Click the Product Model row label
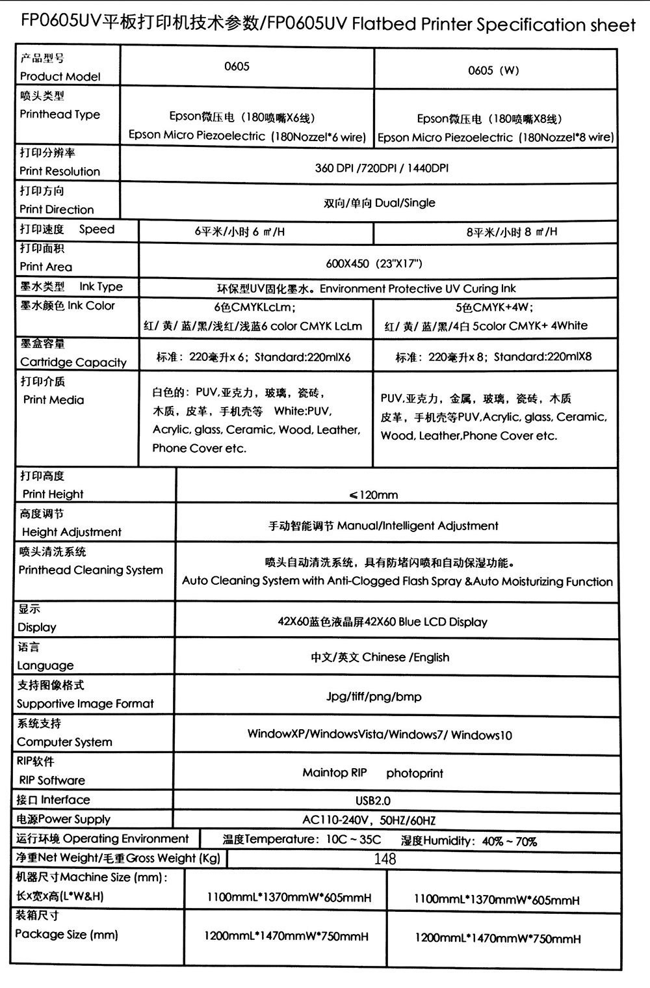(x=60, y=76)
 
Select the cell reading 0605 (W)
(x=493, y=71)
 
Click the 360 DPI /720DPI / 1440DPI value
(x=382, y=168)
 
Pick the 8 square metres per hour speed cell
(x=512, y=232)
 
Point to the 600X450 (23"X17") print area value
(x=374, y=263)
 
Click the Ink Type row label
(x=101, y=286)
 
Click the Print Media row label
(x=53, y=399)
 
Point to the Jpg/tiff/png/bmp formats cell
(x=374, y=697)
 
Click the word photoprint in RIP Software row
(x=414, y=773)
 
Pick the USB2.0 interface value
(x=373, y=801)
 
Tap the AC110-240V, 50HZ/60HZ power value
(x=369, y=821)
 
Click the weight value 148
(x=385, y=859)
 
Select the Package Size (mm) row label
(x=66, y=935)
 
